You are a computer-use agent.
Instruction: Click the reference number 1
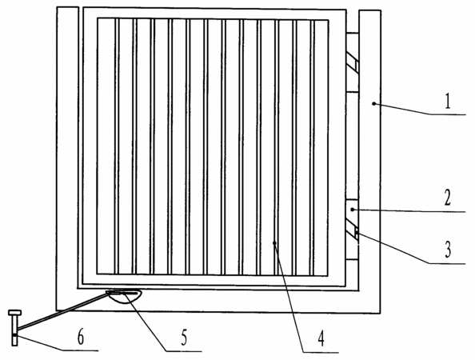[x=448, y=102]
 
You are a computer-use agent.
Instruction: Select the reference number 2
[x=448, y=198]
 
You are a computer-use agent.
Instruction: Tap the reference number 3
[x=448, y=250]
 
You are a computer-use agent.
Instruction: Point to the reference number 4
[x=321, y=338]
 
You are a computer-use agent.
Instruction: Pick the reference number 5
[x=184, y=338]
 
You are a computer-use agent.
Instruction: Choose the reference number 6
[x=81, y=337]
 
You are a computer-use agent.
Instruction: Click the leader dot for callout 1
[x=374, y=104]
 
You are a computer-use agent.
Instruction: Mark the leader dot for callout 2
[x=352, y=209]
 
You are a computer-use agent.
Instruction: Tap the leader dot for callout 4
[x=274, y=242]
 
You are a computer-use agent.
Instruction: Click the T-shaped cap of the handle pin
[x=14, y=313]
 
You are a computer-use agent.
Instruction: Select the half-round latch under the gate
[x=124, y=297]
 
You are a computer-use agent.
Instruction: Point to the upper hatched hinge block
[x=353, y=62]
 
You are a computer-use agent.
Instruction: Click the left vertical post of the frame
[x=67, y=158]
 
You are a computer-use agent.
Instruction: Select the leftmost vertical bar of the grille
[x=117, y=146]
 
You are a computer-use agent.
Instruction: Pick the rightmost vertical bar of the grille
[x=312, y=148]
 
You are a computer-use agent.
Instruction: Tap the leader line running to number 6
[x=57, y=343]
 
